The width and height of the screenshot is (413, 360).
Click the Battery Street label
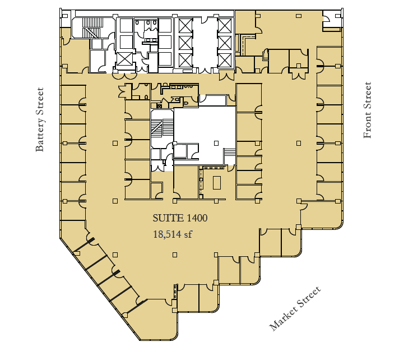(40, 119)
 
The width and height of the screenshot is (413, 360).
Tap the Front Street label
(368, 110)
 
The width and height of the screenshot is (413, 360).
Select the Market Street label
(296, 308)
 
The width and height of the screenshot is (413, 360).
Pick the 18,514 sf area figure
(173, 235)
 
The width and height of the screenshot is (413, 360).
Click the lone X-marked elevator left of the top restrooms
(124, 58)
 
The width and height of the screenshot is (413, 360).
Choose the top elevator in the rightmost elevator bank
(224, 25)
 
